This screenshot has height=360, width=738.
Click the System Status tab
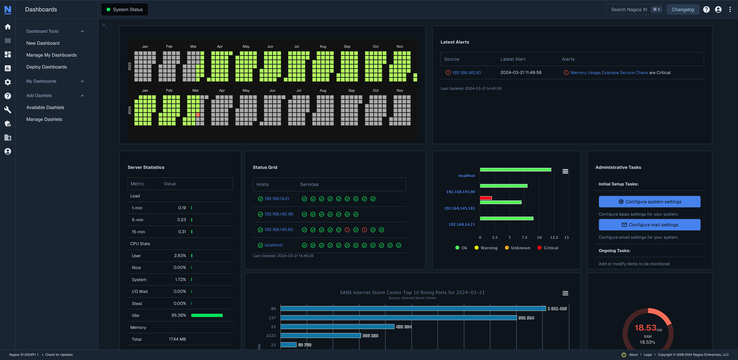coord(125,10)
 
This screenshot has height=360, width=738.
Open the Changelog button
coord(683,10)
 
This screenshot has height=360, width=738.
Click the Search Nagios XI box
coord(629,10)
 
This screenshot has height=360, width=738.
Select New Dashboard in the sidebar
coord(43,43)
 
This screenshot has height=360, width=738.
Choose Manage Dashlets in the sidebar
coord(44,119)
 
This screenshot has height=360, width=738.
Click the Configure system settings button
coord(649,202)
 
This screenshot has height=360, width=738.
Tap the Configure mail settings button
coord(649,225)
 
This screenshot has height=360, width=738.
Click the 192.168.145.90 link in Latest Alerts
coord(466,73)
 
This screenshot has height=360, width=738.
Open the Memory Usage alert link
coord(585,73)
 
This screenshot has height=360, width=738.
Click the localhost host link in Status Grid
coord(273,245)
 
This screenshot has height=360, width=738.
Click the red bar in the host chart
coord(486,198)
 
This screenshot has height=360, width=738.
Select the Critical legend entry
coord(548,248)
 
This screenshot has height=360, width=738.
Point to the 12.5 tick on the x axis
coord(554,237)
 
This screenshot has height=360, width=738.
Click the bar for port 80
coord(413,308)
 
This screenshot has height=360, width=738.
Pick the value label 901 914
coord(526,318)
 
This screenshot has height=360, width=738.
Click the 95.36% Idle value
coord(178,315)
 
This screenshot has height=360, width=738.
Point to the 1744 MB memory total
coord(177,339)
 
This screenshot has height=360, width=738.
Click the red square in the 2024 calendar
coord(198,115)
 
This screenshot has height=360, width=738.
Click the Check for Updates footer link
coord(59,355)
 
